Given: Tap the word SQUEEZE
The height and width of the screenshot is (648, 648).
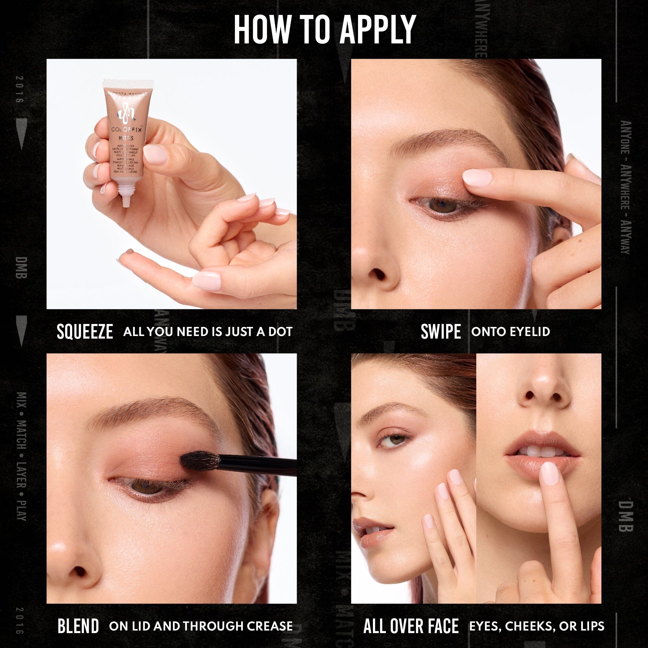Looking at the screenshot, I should (x=85, y=332).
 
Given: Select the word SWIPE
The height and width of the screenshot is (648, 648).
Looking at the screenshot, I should (x=441, y=332).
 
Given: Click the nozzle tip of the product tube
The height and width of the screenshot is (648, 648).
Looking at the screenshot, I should (x=126, y=201).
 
